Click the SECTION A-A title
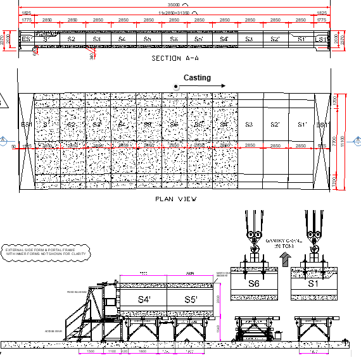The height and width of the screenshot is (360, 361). (x=175, y=58)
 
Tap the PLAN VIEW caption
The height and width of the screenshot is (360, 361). (x=175, y=199)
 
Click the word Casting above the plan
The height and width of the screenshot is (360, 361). (x=197, y=78)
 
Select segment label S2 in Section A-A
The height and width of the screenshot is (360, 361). (x=71, y=40)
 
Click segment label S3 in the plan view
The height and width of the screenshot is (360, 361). (x=250, y=125)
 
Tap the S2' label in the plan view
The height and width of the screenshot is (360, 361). (x=275, y=125)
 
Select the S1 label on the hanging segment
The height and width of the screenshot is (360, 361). (x=312, y=284)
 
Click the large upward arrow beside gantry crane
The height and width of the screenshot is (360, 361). (x=283, y=258)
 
